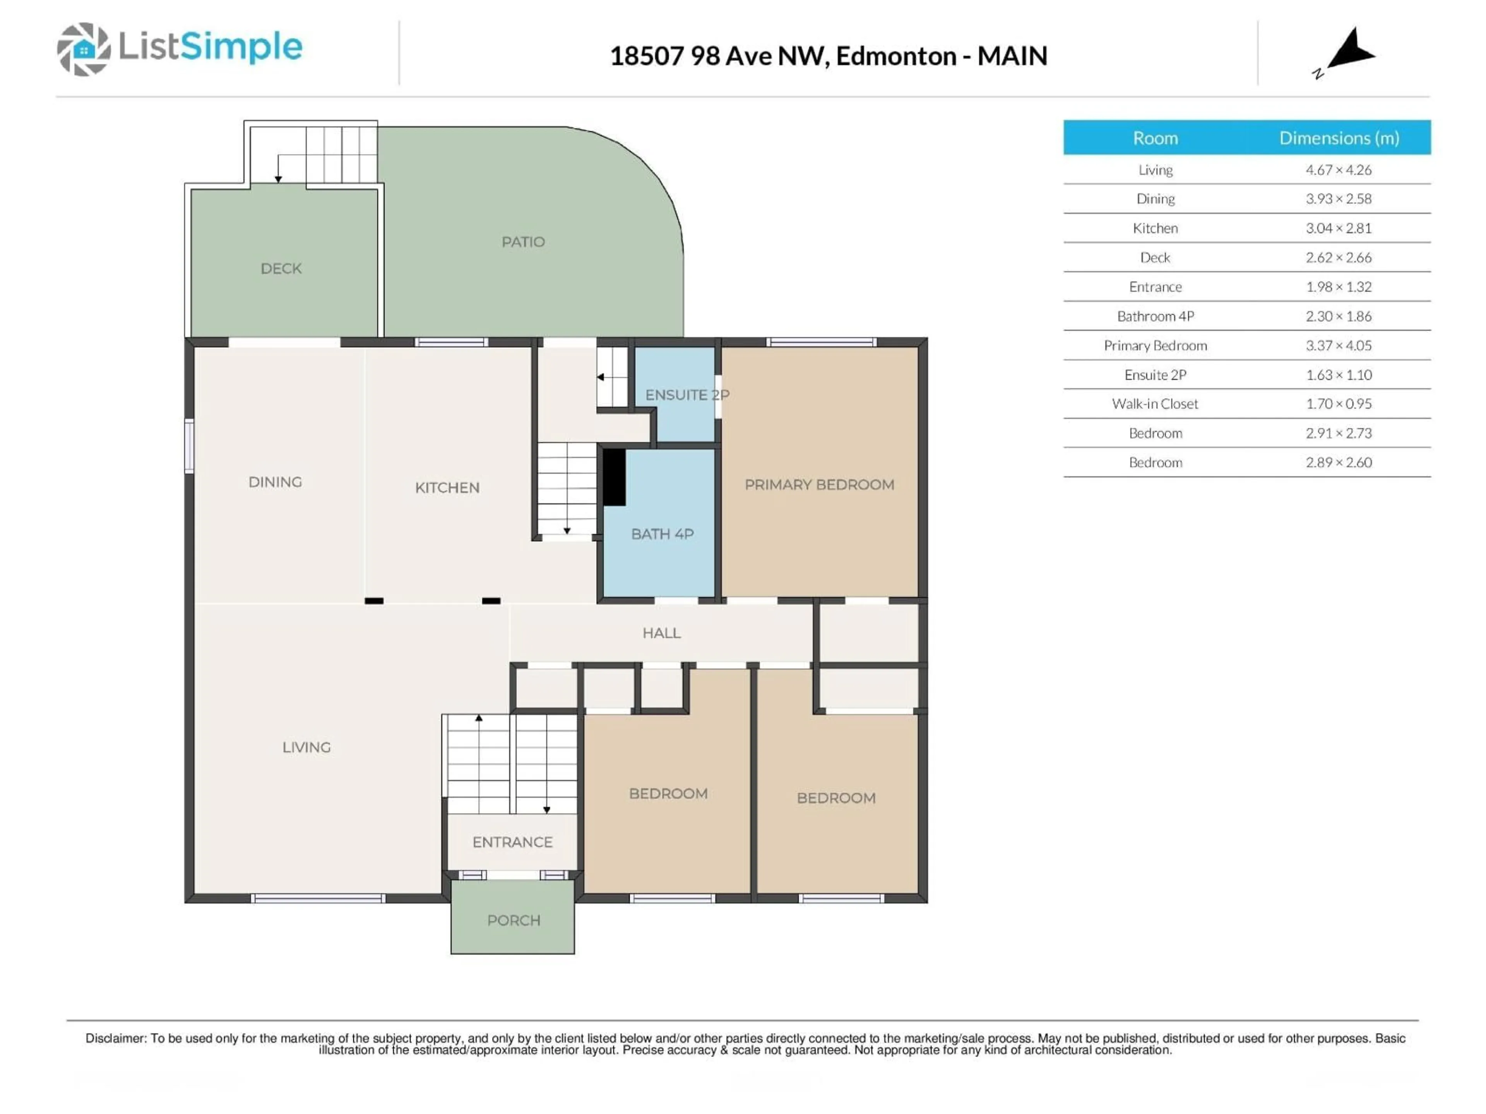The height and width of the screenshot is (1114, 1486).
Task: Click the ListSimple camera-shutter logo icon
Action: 83,49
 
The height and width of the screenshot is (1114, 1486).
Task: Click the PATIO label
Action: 523,242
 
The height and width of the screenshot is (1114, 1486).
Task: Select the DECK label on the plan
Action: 281,268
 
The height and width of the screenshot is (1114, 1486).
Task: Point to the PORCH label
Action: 513,920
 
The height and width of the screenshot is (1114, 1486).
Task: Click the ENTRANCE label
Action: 512,842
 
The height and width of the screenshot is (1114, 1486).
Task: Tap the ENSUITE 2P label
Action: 687,395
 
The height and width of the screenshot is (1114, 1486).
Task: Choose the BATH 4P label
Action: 662,534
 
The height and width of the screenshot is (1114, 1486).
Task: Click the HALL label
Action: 661,632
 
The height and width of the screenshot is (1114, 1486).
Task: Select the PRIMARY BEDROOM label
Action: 819,484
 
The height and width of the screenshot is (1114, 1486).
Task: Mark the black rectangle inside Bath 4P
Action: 613,477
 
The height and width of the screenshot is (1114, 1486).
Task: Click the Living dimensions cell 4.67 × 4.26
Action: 1338,170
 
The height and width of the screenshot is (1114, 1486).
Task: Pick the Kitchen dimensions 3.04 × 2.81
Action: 1338,228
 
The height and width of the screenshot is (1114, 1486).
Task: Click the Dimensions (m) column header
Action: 1338,138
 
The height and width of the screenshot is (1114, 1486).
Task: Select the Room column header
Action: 1155,138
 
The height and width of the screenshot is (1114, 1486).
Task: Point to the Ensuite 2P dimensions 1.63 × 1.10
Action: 1338,375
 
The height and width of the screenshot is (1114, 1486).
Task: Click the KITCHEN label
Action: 447,487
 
